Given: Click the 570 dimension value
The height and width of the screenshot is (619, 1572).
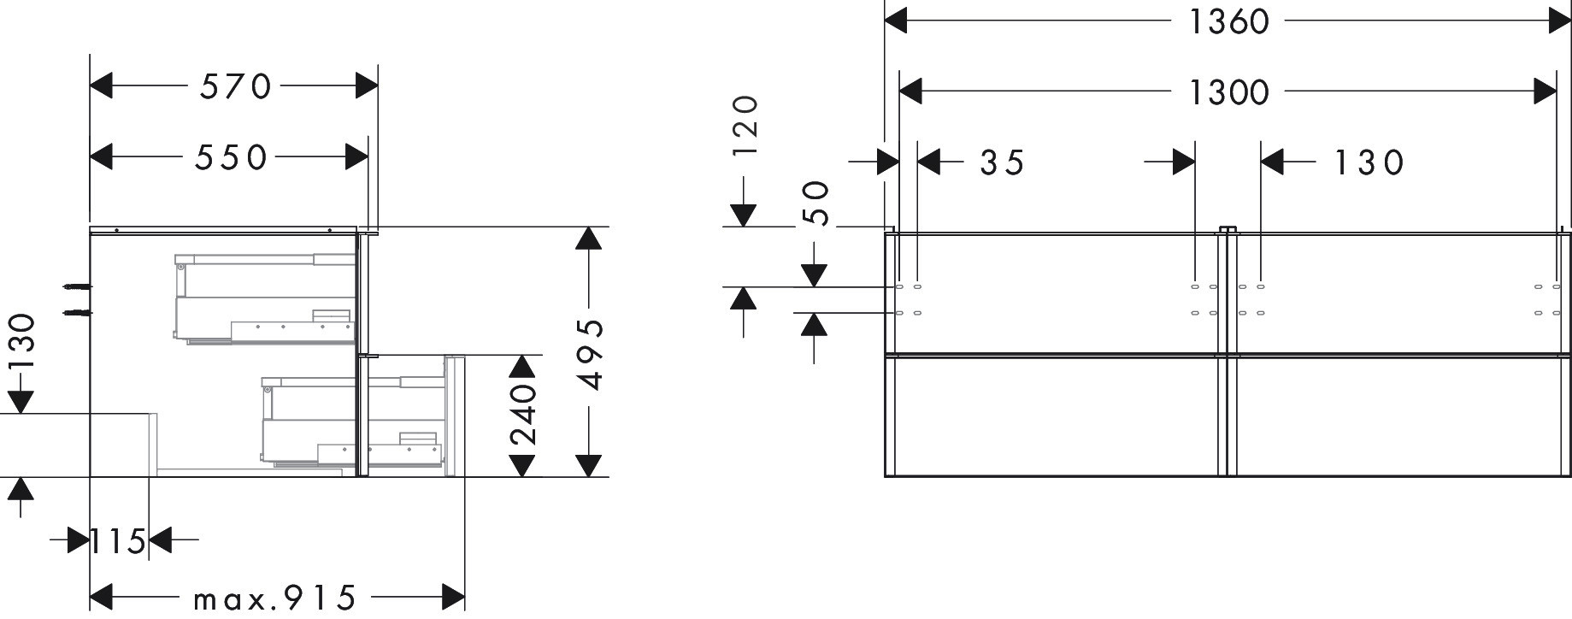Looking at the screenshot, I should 235,86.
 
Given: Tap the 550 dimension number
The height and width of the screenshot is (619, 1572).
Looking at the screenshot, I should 230,157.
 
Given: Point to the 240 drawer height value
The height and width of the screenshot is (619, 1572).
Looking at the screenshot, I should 522,416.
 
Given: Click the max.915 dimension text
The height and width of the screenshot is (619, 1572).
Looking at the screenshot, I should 274,598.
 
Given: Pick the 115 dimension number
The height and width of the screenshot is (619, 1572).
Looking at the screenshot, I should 119,541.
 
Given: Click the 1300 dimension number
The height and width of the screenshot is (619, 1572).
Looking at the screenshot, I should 1228,91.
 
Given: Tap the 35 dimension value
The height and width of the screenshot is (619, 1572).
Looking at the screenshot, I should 1002,162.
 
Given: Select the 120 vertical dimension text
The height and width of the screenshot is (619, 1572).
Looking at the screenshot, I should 745,125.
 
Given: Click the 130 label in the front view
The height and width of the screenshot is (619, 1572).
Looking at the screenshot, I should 1369,162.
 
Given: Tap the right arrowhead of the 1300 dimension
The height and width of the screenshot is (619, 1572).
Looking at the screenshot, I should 1545,91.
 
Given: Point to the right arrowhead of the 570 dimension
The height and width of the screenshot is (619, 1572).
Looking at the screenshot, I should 367,85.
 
